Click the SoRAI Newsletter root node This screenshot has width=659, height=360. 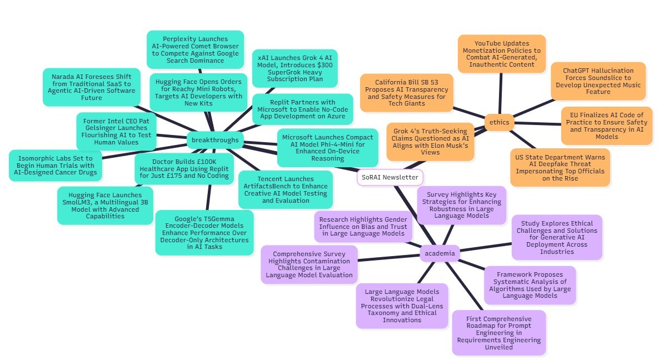(390, 177)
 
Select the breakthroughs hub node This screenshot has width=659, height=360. (214, 140)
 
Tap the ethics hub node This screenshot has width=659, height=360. (500, 122)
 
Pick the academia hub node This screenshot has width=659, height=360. (440, 253)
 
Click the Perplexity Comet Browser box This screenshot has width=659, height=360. (195, 50)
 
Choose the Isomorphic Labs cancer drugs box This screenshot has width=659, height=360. (55, 165)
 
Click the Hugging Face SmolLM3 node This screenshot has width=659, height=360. (105, 206)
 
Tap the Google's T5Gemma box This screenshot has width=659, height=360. (204, 232)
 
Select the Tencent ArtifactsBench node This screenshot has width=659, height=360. (285, 189)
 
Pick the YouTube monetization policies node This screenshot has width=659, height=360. (501, 53)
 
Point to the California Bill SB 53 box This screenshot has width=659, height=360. (407, 92)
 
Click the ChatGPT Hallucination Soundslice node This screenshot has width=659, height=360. (598, 81)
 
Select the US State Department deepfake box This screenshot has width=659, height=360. (560, 167)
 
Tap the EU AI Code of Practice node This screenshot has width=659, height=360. (605, 126)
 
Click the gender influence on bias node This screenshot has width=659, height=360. (363, 227)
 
